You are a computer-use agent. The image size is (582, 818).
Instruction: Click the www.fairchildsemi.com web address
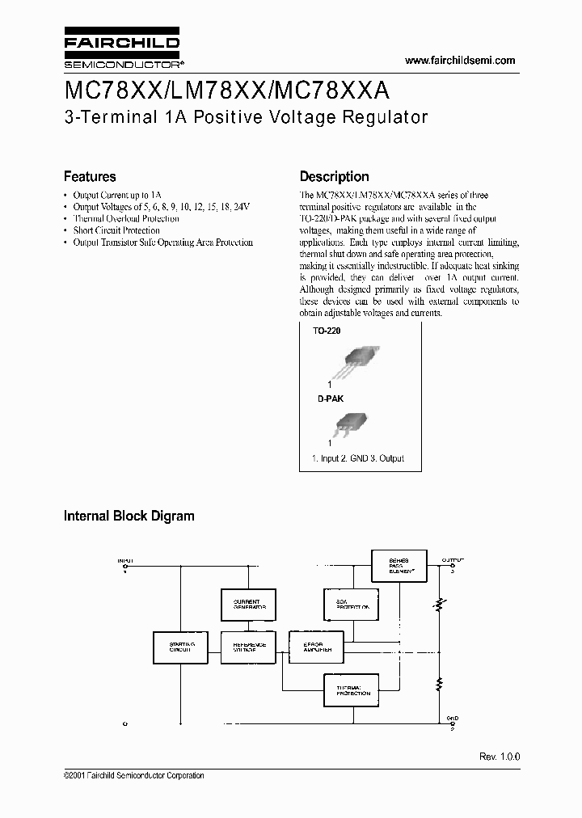[459, 61]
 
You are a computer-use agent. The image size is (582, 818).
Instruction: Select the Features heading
[90, 176]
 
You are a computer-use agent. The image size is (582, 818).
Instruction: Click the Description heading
[334, 176]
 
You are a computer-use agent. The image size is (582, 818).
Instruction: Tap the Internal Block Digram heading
[129, 515]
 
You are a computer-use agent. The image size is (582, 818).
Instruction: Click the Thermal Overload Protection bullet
[126, 218]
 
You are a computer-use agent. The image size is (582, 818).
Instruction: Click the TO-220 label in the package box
[327, 331]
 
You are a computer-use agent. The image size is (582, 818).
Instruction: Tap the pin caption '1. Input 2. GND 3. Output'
[358, 458]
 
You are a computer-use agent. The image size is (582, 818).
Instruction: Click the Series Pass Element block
[398, 565]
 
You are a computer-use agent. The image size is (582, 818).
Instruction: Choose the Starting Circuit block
[180, 647]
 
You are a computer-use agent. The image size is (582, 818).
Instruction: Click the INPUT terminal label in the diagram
[125, 560]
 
